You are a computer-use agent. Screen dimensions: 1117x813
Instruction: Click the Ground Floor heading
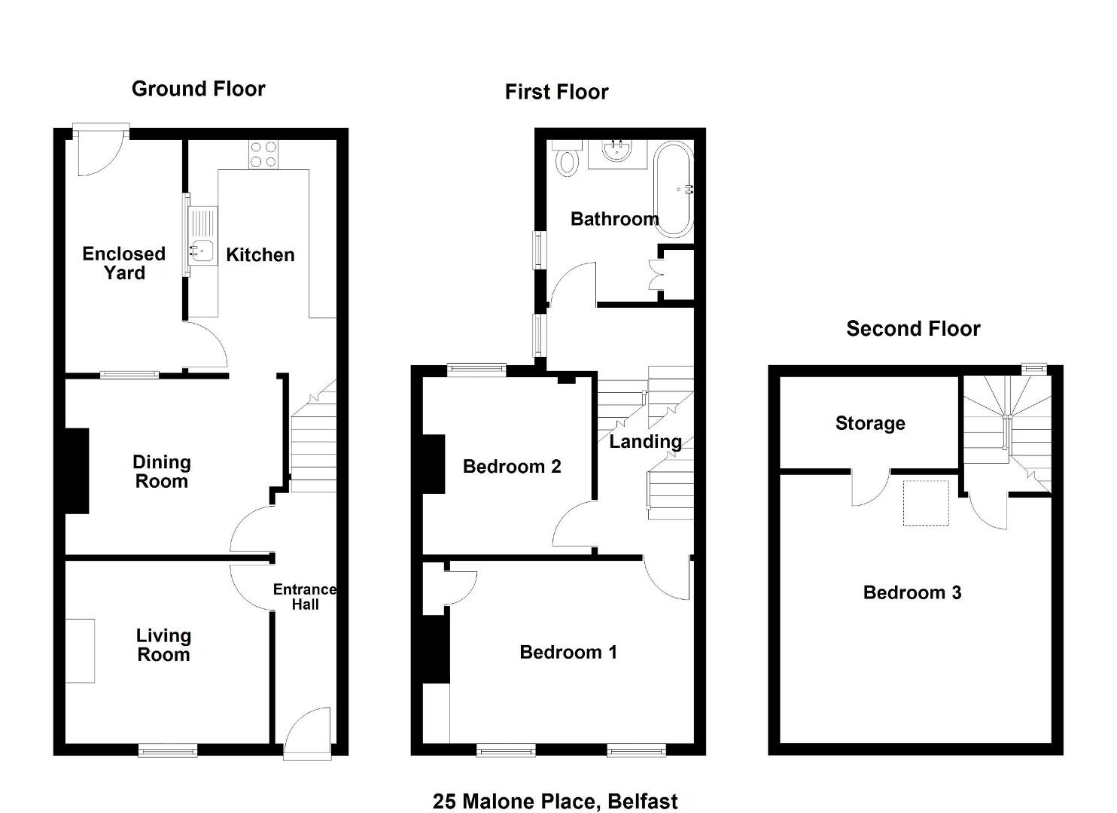(199, 90)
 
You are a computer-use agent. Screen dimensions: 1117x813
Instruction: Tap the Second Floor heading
(913, 329)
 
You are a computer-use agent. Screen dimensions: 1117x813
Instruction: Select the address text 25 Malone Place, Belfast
(555, 802)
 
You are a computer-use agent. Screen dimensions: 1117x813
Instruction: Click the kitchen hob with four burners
(263, 154)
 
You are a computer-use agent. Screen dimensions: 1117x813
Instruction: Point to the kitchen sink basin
(202, 251)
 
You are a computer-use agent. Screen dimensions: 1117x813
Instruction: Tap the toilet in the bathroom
(568, 158)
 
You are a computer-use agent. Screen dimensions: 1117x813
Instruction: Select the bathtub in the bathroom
(673, 190)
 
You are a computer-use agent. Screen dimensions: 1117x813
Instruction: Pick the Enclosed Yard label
(123, 263)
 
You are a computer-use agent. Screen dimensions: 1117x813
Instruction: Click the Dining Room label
(162, 472)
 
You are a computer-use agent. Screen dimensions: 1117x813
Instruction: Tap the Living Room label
(163, 645)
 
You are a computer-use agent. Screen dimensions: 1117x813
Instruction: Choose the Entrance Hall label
(305, 597)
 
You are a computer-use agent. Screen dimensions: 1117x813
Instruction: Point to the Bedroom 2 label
(512, 467)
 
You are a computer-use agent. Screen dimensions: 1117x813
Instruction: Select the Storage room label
(870, 424)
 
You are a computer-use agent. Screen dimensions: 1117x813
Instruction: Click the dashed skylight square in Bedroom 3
(926, 503)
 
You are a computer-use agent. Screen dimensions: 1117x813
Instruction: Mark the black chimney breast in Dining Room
(78, 470)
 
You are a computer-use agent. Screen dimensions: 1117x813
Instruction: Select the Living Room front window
(168, 751)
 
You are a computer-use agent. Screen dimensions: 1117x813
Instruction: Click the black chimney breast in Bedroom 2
(434, 464)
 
